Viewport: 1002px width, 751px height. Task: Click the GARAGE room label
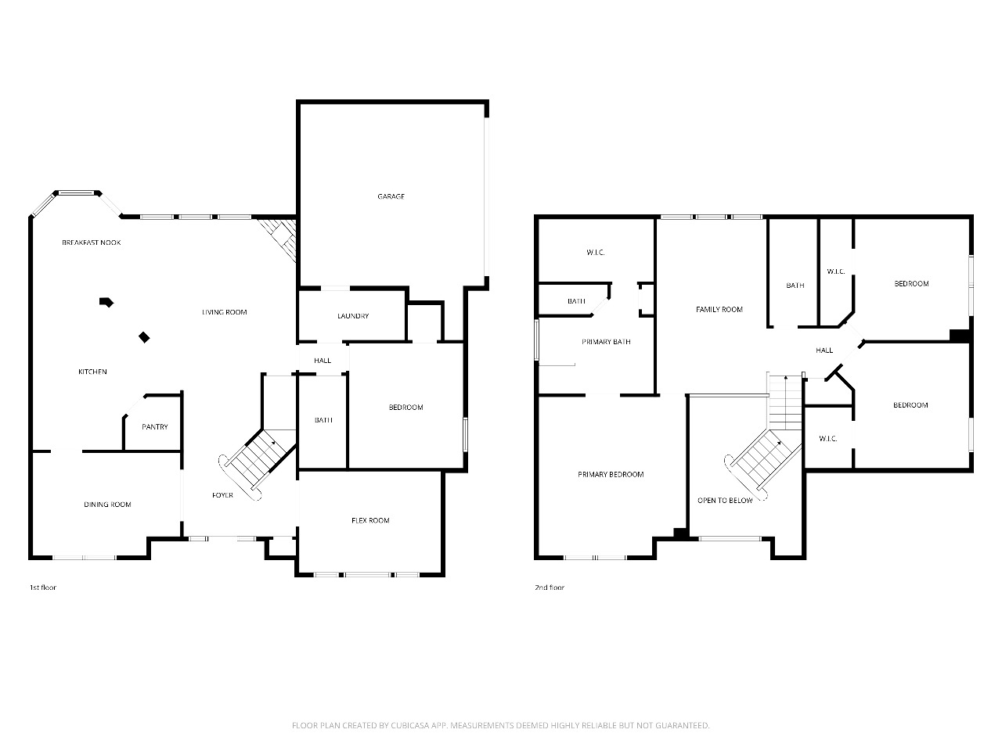(x=391, y=196)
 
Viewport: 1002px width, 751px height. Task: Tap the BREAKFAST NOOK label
(x=92, y=243)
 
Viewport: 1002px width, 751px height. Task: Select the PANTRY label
(x=155, y=427)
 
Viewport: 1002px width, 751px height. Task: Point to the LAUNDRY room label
(x=353, y=316)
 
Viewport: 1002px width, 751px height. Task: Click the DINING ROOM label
(x=107, y=505)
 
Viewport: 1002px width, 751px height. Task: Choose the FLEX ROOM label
(x=370, y=520)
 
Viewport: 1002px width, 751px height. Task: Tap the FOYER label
(x=223, y=495)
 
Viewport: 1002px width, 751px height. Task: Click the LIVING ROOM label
(x=224, y=312)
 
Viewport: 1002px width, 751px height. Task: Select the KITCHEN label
(x=92, y=372)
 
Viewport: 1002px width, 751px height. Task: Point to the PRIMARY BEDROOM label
(x=611, y=475)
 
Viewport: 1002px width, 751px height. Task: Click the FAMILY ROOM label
(x=719, y=310)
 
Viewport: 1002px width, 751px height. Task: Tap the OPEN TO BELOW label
(x=725, y=501)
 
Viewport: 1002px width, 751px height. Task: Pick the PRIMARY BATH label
(x=606, y=342)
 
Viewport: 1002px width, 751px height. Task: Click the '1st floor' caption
(x=43, y=588)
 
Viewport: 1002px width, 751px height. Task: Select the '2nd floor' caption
(x=550, y=588)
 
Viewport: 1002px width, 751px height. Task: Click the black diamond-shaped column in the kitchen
(x=144, y=337)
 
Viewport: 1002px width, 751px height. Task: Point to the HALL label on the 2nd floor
(x=824, y=350)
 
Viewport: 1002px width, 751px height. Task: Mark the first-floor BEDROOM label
(x=405, y=408)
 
